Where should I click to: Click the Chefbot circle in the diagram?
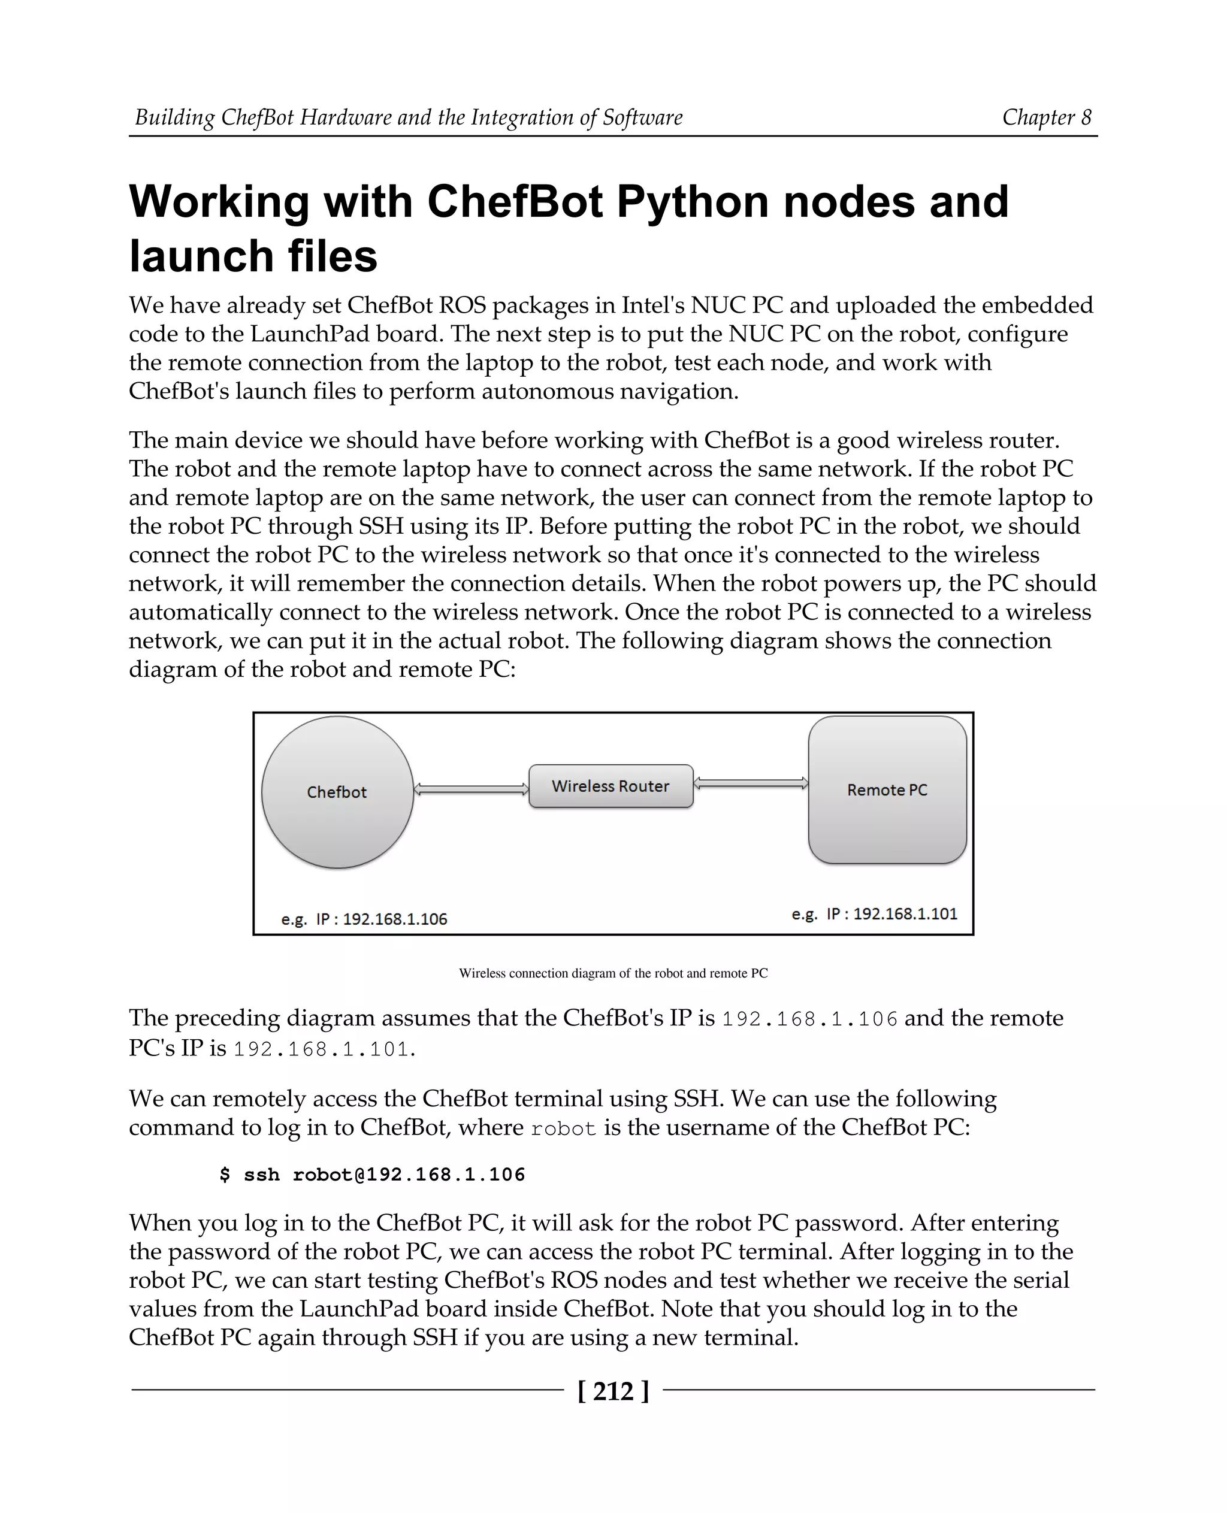(x=337, y=792)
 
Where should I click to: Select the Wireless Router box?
(x=611, y=786)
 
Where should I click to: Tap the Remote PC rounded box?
(x=887, y=789)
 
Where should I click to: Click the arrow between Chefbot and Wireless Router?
(x=471, y=789)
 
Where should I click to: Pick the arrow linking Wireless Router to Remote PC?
(x=751, y=783)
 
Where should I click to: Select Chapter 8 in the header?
(x=1047, y=117)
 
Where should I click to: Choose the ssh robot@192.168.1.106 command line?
(x=373, y=1175)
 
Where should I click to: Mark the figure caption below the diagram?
(x=613, y=973)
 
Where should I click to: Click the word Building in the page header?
(x=174, y=117)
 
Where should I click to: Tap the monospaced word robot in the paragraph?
(x=563, y=1128)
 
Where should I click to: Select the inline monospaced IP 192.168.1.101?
(x=322, y=1049)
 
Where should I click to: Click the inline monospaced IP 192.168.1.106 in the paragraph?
(x=809, y=1019)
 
